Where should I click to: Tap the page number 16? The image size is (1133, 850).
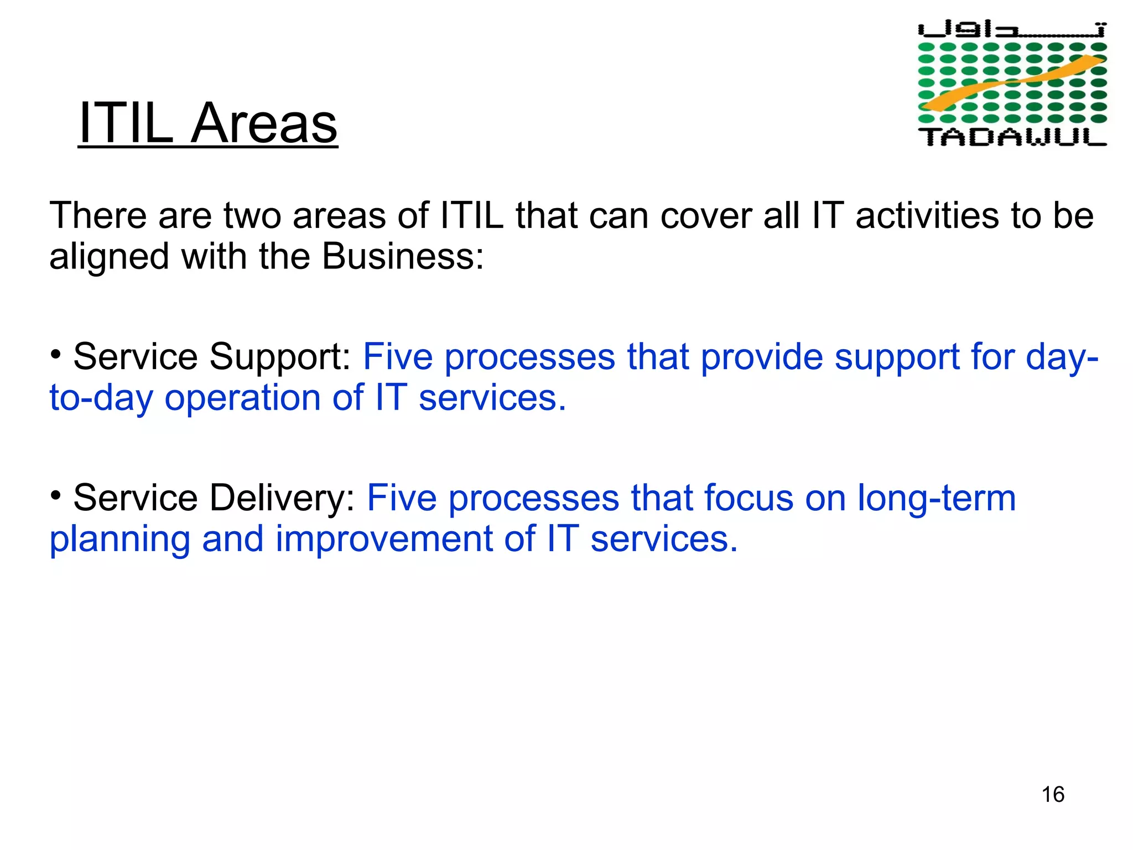coord(1053,795)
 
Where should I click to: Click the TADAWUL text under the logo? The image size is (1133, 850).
coord(1012,137)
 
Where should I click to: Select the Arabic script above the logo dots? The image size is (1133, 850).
coord(1012,29)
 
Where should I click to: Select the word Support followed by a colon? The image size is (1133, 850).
coord(280,357)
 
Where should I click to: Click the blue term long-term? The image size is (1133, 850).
coord(936,498)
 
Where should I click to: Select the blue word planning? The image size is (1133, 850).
coord(119,540)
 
